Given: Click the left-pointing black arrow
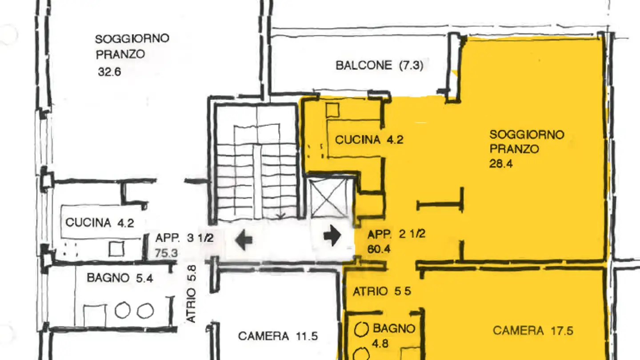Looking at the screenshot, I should point(244,240).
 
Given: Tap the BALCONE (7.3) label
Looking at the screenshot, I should point(379,66).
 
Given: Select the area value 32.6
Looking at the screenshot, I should point(109,72).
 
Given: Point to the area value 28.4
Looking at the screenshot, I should point(501,164).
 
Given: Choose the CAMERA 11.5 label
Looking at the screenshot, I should point(278,336).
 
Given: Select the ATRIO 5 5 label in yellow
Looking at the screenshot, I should point(382,292).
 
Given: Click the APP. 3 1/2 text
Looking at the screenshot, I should point(184,238).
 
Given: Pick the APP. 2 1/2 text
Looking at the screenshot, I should point(396,234).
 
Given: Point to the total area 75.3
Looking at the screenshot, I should point(167,253).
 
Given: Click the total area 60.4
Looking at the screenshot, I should point(379,249).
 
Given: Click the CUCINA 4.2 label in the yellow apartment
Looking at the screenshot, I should point(369,140).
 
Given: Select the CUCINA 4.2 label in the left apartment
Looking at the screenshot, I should point(100,222).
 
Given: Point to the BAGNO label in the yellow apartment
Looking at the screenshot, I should point(394,328).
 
